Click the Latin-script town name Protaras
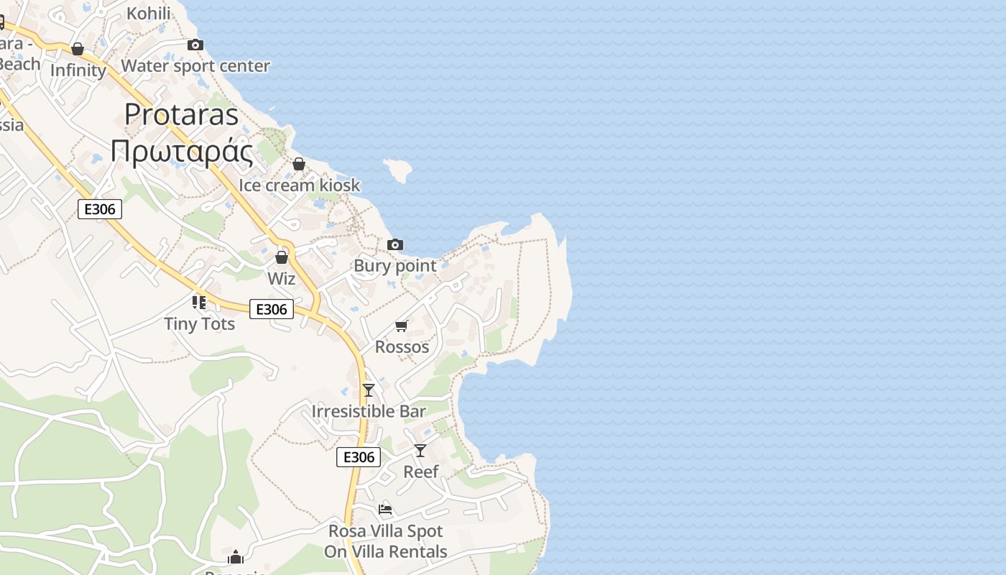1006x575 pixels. click(x=181, y=114)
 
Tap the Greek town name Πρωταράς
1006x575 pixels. click(x=181, y=152)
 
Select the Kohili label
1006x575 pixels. click(x=149, y=13)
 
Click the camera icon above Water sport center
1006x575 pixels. click(x=195, y=45)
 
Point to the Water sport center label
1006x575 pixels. click(x=195, y=66)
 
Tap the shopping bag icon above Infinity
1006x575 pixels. click(x=78, y=49)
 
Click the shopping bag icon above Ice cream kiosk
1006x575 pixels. click(x=299, y=165)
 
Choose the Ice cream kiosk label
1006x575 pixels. click(x=299, y=185)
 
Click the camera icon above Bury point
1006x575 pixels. click(x=395, y=245)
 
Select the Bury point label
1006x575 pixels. click(x=395, y=265)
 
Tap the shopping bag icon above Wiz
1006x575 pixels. click(x=282, y=257)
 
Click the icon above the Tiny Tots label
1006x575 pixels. click(x=199, y=303)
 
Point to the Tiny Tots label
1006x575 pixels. click(x=200, y=323)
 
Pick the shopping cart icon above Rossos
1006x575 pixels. click(x=402, y=326)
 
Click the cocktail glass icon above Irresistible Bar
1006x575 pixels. click(x=369, y=390)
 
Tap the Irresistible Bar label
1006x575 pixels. click(x=369, y=411)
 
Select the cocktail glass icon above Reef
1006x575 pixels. click(x=420, y=451)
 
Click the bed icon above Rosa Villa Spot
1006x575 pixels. click(x=385, y=510)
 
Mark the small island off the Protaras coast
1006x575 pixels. click(x=397, y=170)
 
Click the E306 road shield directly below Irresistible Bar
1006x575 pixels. click(x=359, y=457)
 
